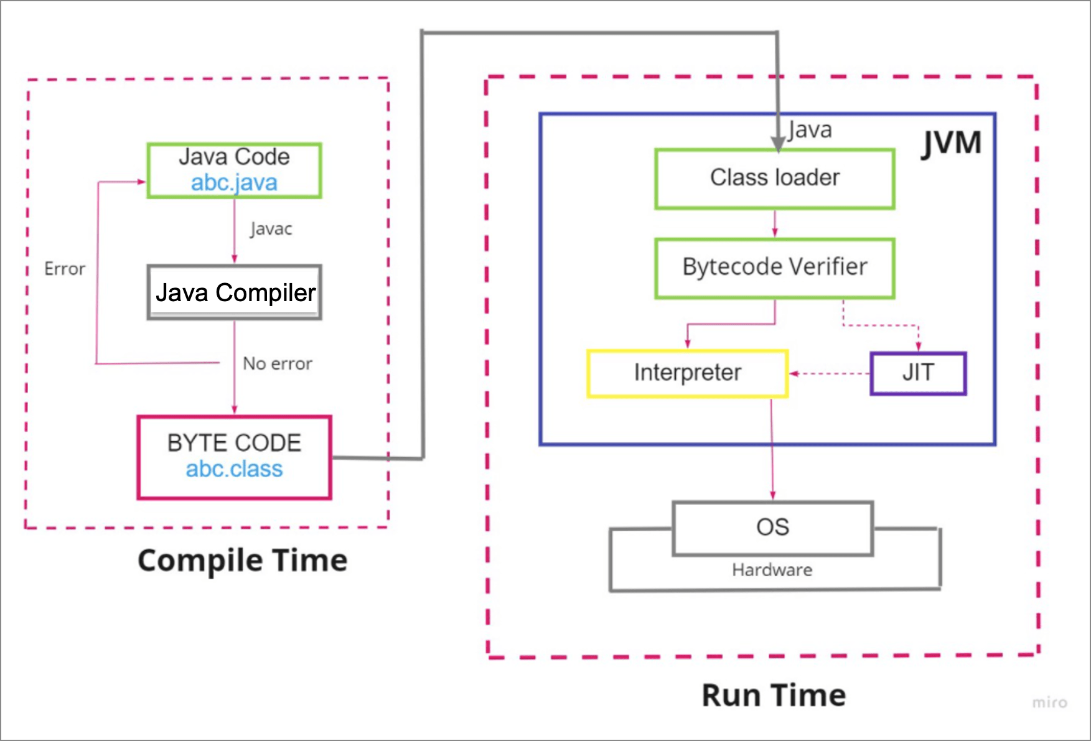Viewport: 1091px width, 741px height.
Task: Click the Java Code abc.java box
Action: [234, 170]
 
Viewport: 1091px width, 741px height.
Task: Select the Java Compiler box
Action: [234, 292]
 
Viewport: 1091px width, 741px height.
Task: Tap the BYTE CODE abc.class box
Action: [234, 457]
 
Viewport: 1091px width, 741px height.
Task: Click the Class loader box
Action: [775, 179]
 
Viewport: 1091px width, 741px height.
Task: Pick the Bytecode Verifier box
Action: [775, 268]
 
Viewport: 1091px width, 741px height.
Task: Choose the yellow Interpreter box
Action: [688, 373]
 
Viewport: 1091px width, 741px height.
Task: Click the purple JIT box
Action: [918, 373]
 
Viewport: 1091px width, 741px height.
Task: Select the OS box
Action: [773, 528]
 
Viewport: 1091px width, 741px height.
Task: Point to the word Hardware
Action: [772, 570]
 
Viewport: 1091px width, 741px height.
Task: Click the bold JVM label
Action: [951, 144]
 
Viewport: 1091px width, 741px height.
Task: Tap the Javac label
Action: [271, 229]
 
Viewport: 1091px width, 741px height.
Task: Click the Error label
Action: [65, 269]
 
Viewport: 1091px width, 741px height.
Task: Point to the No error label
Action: [278, 363]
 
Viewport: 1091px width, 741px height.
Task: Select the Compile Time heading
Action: [243, 561]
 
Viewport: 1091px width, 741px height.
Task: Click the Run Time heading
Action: [774, 695]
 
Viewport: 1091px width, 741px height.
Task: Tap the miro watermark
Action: [1050, 702]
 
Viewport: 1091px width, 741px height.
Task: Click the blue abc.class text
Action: [234, 468]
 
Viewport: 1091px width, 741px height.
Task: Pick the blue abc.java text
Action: [234, 183]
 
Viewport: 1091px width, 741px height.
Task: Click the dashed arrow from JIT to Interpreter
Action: [830, 373]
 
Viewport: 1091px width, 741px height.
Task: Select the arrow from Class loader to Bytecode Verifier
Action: [775, 223]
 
